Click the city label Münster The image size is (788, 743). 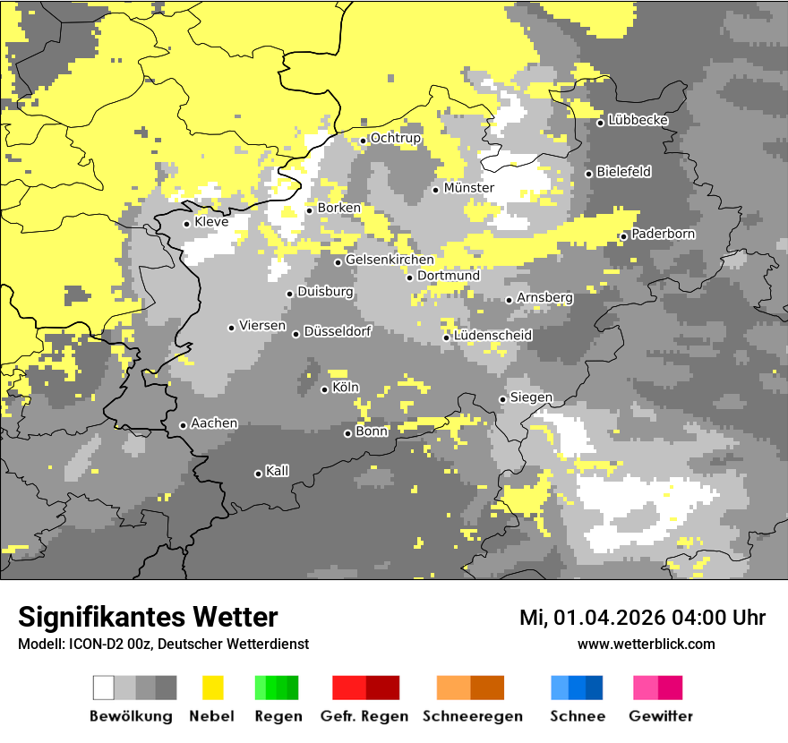tap(468, 188)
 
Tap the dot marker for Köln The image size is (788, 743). tap(324, 389)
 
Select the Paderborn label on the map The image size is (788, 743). tap(663, 234)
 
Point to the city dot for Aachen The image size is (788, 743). tap(183, 425)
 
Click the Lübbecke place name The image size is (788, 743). tap(638, 120)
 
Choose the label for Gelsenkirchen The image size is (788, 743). tap(390, 260)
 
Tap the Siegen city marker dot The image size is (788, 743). tap(503, 399)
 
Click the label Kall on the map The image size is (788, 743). tap(277, 471)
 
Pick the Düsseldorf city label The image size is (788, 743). tap(337, 331)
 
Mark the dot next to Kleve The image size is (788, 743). tap(186, 224)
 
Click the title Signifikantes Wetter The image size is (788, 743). tap(148, 618)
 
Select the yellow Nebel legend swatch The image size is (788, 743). tap(212, 687)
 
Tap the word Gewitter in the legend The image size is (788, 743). tap(661, 716)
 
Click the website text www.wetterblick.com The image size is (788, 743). tap(646, 644)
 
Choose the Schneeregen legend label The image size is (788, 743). tap(472, 716)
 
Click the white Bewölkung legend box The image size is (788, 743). tap(104, 687)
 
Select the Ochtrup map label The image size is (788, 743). tap(395, 138)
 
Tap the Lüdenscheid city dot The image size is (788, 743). tap(446, 337)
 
